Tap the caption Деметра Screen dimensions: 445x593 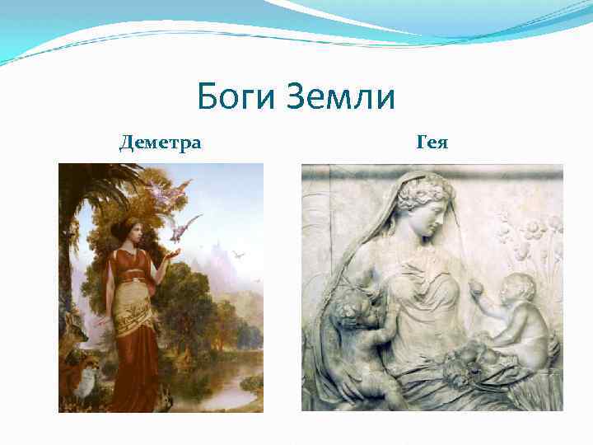pos(161,143)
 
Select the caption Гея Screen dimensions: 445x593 pos(432,143)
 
